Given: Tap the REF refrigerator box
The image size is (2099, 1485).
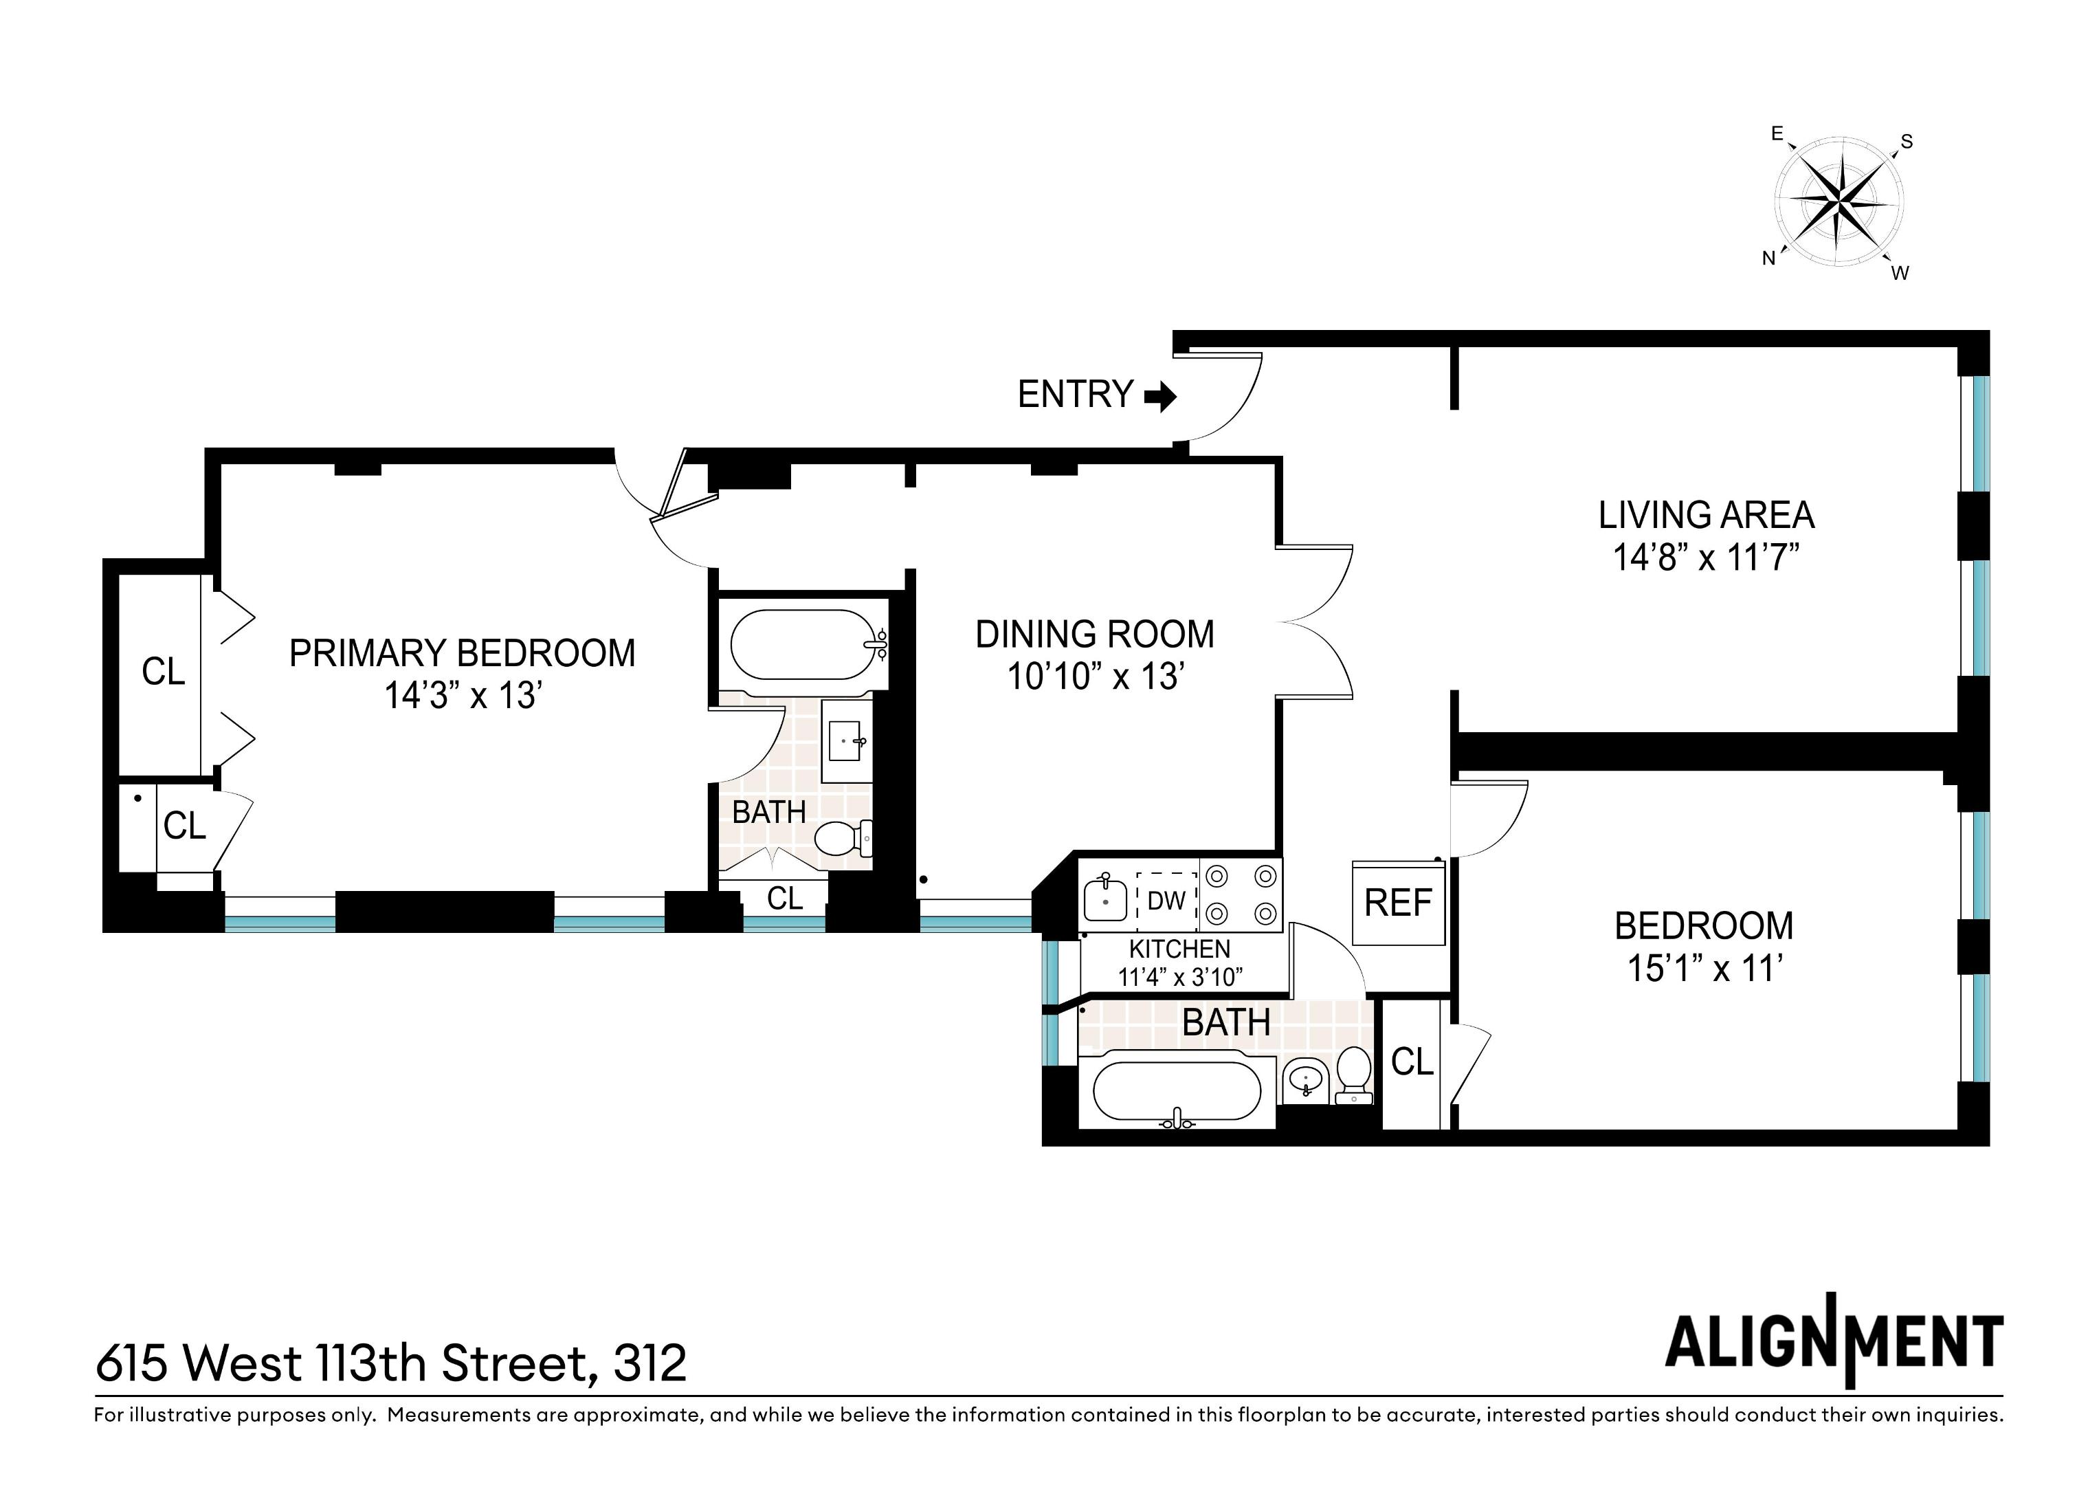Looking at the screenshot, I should (x=1398, y=903).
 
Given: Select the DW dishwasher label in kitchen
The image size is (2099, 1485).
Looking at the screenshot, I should (x=1166, y=901).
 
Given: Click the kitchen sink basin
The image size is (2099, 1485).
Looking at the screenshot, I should (x=1105, y=900).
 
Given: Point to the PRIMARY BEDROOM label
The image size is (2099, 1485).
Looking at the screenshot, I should (x=462, y=654).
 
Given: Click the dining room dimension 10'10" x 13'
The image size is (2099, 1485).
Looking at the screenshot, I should (x=1096, y=676).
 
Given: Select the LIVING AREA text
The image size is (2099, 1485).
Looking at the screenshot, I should (x=1706, y=516).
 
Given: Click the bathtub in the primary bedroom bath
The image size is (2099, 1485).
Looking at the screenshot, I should (x=805, y=646).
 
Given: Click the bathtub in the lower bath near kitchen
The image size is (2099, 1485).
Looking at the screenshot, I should (x=1177, y=1091).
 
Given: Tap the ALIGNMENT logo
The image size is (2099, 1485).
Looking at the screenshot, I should (x=1833, y=1343).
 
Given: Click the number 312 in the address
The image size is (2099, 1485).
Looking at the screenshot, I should (x=650, y=1364).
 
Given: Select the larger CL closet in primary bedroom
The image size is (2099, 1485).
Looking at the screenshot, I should (x=163, y=672).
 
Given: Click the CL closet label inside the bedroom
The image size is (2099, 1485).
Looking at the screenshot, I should (x=1412, y=1061).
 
